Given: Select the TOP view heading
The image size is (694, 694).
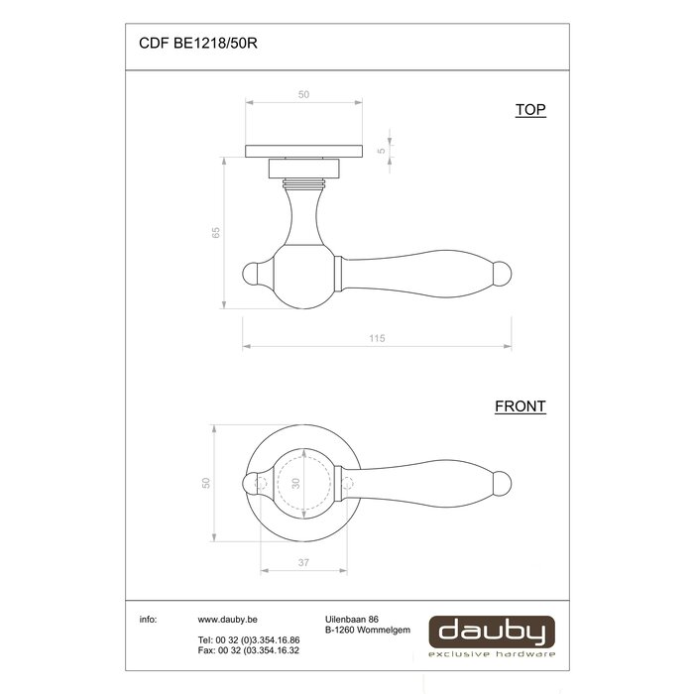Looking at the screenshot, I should click(530, 111).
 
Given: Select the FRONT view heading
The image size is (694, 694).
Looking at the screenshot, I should click(520, 406).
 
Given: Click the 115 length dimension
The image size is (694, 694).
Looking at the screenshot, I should click(376, 339).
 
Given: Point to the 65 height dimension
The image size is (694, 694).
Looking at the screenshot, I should click(215, 232).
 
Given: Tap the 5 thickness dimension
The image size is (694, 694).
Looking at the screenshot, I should click(382, 151).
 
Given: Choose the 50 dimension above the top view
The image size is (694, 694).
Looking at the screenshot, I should click(303, 94).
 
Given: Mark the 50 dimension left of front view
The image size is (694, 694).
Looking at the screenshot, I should click(206, 483).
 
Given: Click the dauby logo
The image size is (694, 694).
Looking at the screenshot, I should click(491, 631).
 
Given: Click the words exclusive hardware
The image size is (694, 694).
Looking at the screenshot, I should click(491, 654).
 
